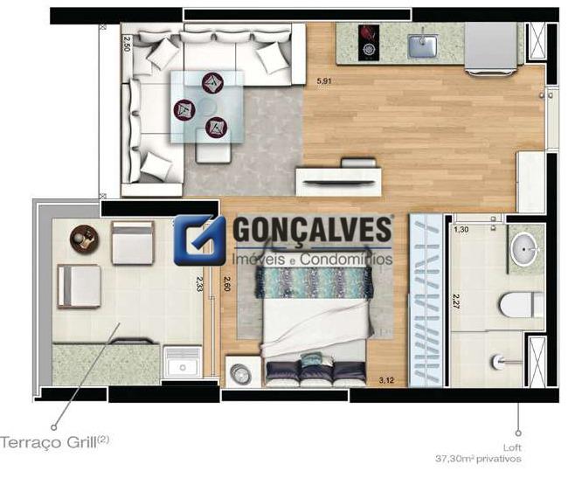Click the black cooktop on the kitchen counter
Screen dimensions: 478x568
(368, 41)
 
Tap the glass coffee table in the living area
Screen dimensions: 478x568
(205, 106)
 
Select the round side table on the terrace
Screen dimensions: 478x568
(85, 237)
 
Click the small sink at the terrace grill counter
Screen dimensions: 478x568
(184, 361)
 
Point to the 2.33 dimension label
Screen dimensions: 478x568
(200, 287)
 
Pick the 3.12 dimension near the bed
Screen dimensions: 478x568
(385, 380)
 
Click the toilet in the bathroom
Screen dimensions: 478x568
(522, 305)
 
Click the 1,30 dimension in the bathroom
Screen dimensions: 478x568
(462, 229)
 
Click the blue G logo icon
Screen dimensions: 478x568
(199, 239)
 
